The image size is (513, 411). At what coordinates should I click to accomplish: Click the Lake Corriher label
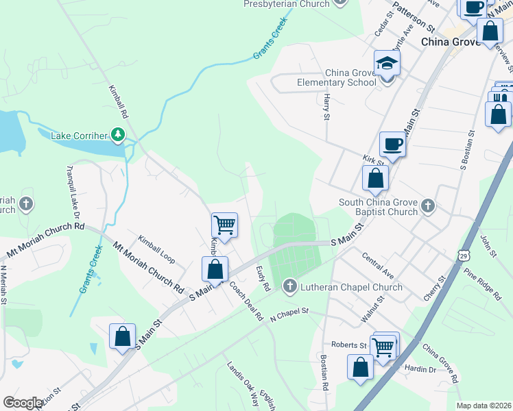pos(80,136)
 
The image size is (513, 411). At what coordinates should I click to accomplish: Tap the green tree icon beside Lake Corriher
pos(118,134)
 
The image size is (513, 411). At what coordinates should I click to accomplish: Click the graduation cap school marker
pos(387,64)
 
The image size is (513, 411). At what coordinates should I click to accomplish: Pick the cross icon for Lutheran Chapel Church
pos(289,285)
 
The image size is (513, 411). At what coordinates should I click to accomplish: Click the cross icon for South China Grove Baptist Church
pos(427,205)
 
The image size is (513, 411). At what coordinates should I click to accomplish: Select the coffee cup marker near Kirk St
pos(392,143)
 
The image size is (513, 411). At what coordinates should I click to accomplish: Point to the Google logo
pos(23,403)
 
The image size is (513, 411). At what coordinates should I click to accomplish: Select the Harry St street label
pos(326,106)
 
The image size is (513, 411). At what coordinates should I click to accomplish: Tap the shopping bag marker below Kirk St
pos(375,179)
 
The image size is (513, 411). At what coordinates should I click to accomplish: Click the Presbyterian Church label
pos(287,4)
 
